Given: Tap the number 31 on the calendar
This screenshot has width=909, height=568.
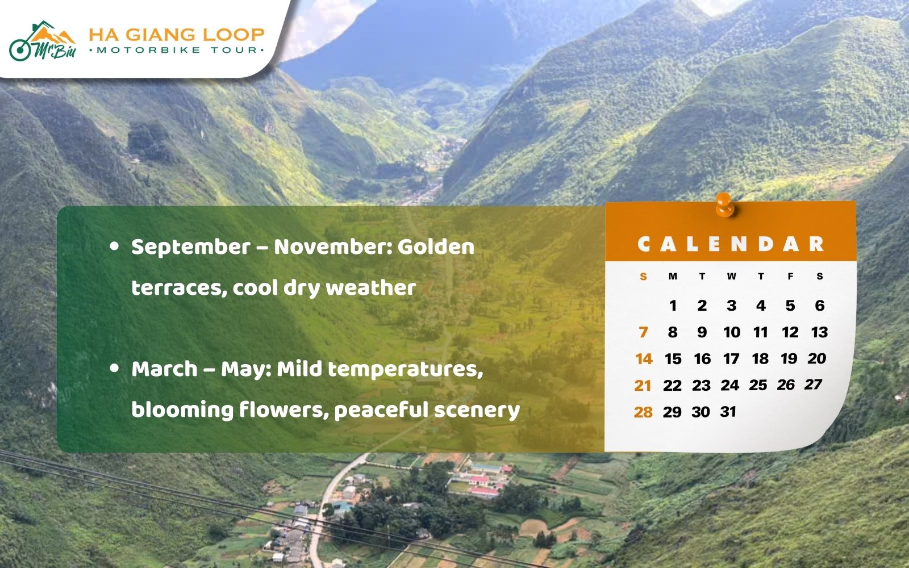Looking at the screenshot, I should point(728,411).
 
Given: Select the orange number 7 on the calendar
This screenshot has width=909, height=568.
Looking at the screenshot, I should point(643,332).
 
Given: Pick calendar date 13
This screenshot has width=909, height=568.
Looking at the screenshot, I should point(819,332).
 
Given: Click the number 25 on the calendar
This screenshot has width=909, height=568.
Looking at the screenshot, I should point(758,385).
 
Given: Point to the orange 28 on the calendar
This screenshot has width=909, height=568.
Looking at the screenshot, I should point(643,412).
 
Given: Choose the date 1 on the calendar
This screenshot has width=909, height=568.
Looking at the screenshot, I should point(673,306).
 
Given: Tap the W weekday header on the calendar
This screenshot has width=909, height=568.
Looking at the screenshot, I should point(731,277).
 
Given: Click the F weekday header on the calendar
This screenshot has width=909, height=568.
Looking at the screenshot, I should point(790,277).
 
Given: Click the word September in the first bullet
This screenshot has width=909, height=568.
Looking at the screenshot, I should point(191,247).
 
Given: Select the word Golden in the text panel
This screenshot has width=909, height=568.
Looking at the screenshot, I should point(436,247).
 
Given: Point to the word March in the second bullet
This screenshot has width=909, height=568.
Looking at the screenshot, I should point(164,369).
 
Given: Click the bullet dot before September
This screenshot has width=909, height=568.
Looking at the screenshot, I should point(115,247).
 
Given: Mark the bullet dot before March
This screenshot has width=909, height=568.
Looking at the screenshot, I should point(115,369).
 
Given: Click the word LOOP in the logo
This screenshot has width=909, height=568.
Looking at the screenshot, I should point(233,35).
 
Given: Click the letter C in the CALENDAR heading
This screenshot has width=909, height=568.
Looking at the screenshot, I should point(644,244).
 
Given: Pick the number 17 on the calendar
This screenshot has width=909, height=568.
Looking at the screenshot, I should point(731,358).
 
